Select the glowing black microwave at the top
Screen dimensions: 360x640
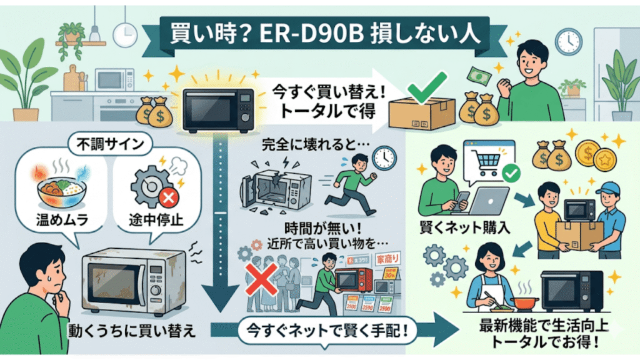[x=218, y=109]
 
